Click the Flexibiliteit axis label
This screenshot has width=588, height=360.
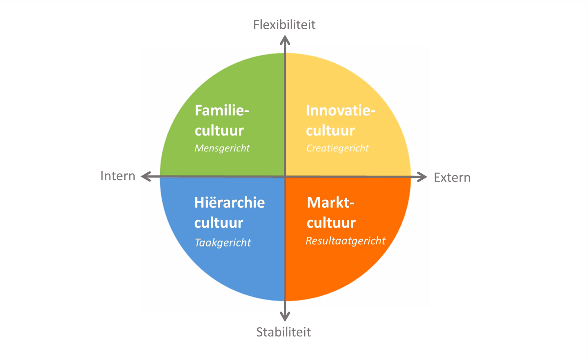(284, 25)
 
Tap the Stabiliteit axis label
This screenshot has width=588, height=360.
(283, 332)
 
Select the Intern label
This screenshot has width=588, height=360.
(118, 176)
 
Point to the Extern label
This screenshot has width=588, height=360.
(452, 177)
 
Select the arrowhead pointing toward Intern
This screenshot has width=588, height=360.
(146, 177)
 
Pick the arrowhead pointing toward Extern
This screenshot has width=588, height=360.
(422, 177)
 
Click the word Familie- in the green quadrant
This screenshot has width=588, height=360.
(222, 110)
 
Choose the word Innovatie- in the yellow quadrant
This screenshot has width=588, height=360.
(341, 110)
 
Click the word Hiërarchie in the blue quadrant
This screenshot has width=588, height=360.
(229, 202)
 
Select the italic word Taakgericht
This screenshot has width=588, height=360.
(222, 243)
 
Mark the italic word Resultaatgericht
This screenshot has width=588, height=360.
(345, 241)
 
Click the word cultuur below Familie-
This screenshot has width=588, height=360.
(219, 131)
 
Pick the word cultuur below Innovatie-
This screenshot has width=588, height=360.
(331, 131)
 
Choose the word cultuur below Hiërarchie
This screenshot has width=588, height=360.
(219, 223)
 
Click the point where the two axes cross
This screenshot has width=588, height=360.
(285, 177)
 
